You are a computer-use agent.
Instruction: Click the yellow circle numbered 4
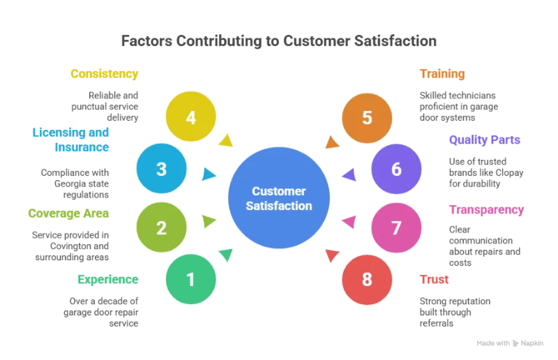(x=191, y=117)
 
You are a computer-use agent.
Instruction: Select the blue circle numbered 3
(x=162, y=169)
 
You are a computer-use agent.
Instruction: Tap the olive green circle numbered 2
(x=162, y=227)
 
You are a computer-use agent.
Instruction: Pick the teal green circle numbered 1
(x=191, y=279)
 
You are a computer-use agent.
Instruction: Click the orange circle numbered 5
(x=367, y=117)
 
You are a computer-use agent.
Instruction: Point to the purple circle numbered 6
(x=396, y=169)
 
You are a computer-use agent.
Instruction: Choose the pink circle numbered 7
(x=396, y=227)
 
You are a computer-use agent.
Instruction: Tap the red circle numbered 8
(x=367, y=279)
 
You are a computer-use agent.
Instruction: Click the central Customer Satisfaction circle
(x=279, y=198)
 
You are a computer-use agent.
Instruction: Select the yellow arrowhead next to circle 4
(x=225, y=140)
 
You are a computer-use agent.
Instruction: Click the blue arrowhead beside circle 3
(x=208, y=174)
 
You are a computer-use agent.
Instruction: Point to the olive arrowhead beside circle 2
(x=209, y=222)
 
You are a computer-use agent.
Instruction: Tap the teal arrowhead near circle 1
(x=225, y=255)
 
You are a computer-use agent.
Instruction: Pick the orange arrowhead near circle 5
(x=333, y=141)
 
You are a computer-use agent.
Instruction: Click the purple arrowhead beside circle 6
(x=349, y=174)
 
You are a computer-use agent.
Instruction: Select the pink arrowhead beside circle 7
(x=349, y=222)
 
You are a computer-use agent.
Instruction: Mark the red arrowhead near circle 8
(x=333, y=255)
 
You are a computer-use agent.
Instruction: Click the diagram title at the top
(x=279, y=42)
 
